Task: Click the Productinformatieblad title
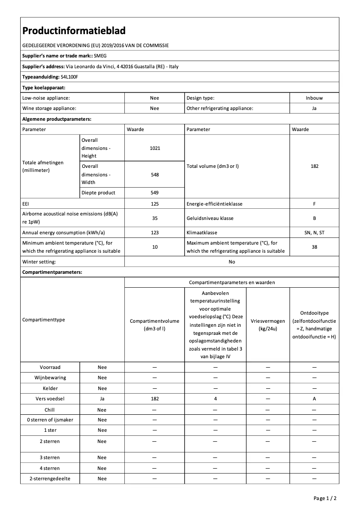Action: [x=74, y=31]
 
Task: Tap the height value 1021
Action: [x=154, y=148]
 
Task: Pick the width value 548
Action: [x=154, y=175]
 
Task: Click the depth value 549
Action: [x=154, y=193]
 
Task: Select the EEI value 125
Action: [x=154, y=204]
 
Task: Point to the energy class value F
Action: [x=314, y=204]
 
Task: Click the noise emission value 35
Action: [x=154, y=218]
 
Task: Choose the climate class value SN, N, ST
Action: [x=314, y=233]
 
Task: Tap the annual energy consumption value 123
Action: [x=154, y=233]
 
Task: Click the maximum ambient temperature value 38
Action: [x=314, y=247]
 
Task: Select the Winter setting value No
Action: [x=232, y=262]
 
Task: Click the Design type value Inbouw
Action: [x=314, y=98]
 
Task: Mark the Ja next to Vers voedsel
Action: [x=102, y=399]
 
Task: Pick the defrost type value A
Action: [x=314, y=399]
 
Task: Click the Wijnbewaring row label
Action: [x=50, y=378]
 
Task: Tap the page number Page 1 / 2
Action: [x=325, y=498]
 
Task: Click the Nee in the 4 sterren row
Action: [x=102, y=468]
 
